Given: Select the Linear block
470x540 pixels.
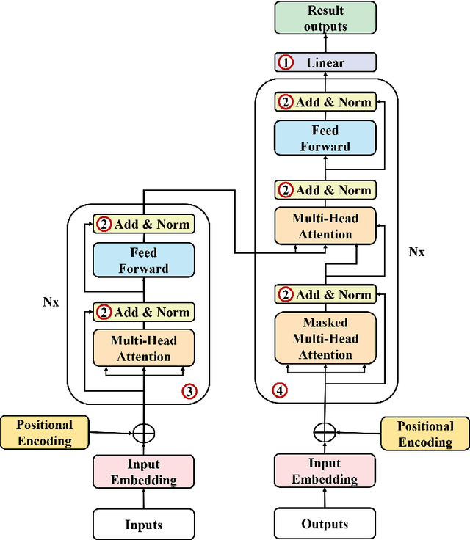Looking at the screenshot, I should [x=325, y=62].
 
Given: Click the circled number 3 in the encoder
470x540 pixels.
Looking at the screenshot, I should [x=189, y=391].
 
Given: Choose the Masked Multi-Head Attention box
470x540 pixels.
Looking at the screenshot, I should [x=325, y=338].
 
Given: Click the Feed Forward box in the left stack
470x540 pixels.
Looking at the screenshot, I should [x=143, y=261].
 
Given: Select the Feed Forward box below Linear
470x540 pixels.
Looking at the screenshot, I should [x=325, y=138].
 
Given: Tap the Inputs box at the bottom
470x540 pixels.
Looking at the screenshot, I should [x=143, y=524].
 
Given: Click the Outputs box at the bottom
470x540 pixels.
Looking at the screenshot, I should [x=325, y=524].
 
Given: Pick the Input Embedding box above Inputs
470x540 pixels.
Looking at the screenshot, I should [x=143, y=472].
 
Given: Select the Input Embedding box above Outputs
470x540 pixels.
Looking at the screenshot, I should [x=325, y=471].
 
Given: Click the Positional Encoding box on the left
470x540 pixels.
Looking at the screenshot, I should [x=45, y=433].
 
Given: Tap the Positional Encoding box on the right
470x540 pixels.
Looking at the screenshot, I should [x=425, y=434].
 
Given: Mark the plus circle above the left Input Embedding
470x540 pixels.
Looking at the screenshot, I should [x=144, y=433].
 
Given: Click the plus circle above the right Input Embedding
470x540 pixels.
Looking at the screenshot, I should [x=324, y=433].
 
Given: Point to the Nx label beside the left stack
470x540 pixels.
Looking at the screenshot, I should [x=50, y=302].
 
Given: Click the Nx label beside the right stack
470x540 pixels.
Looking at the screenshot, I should [x=416, y=251].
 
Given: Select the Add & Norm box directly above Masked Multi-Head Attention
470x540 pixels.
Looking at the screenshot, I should [x=325, y=294].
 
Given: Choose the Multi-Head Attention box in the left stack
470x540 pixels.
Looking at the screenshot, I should [x=143, y=348].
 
